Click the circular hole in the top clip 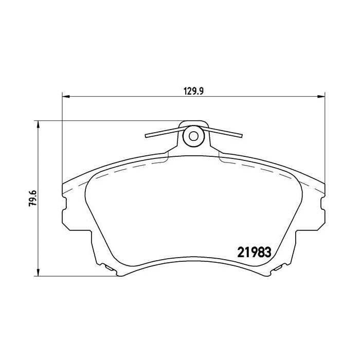[193, 136]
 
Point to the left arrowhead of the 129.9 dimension [65, 96]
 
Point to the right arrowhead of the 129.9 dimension [323, 96]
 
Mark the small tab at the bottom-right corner [281, 268]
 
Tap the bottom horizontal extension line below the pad [77, 277]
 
